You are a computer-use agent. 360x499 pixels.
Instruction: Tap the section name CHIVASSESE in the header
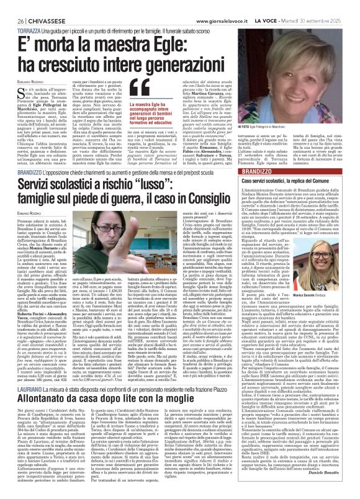coord(38,5)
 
